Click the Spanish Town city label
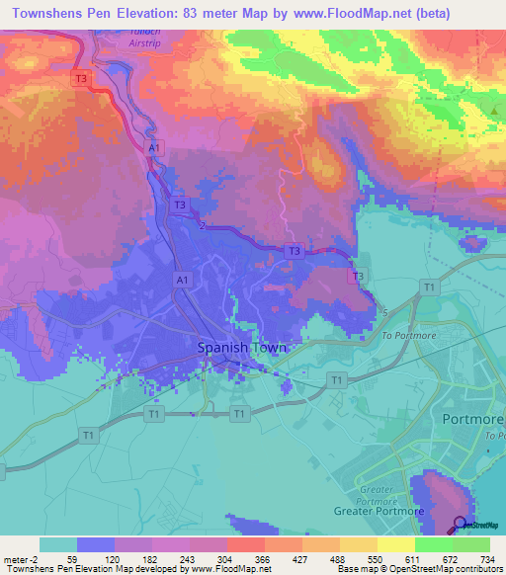[242, 348]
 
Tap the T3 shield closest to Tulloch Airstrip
[81, 78]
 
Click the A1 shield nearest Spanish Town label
[182, 282]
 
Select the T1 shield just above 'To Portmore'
[429, 287]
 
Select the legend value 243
[202, 560]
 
